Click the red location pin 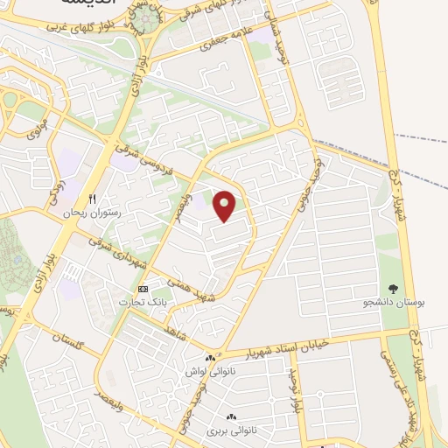pyautogui.click(x=226, y=206)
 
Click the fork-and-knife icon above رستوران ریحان pyautogui.click(x=91, y=199)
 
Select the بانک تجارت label pyautogui.click(x=143, y=301)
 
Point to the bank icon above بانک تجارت pyautogui.click(x=143, y=288)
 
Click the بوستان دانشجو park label pyautogui.click(x=392, y=302)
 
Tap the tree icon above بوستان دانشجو pyautogui.click(x=393, y=288)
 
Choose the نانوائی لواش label pyautogui.click(x=207, y=371)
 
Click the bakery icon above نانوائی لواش pyautogui.click(x=209, y=358)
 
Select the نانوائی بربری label pyautogui.click(x=228, y=431)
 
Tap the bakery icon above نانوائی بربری pyautogui.click(x=231, y=418)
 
